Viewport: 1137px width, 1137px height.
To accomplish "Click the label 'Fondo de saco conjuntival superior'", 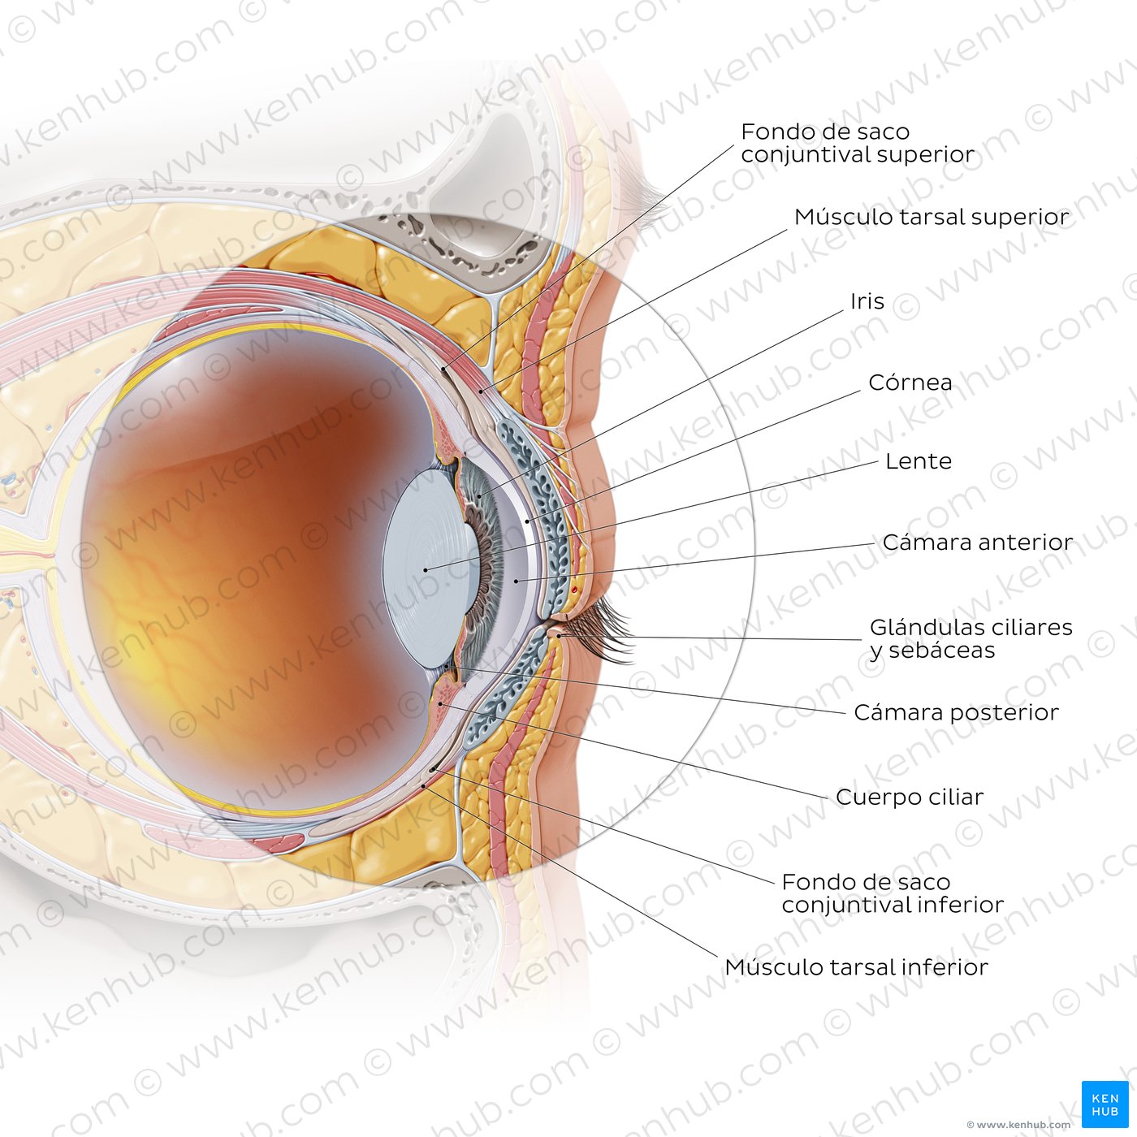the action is click(x=858, y=143).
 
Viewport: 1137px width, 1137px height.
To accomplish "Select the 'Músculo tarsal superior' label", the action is click(x=931, y=217).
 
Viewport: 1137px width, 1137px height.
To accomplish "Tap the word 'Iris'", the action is click(x=867, y=301).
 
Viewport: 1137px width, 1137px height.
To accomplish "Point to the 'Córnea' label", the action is click(x=910, y=383).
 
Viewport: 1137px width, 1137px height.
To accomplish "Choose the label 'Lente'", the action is click(x=918, y=461).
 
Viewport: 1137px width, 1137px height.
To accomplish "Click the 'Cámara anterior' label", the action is click(x=977, y=543).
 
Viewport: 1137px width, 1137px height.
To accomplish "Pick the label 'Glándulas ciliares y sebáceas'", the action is click(x=971, y=638).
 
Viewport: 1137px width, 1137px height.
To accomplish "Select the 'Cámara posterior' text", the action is click(x=956, y=713).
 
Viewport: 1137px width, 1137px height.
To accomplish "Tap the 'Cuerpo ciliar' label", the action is click(x=910, y=798).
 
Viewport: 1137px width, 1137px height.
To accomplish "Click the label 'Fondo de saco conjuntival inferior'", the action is click(x=892, y=893).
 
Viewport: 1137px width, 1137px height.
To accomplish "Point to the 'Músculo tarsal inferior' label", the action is click(x=856, y=967).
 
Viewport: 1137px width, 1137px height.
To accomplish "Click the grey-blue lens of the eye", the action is click(x=424, y=569).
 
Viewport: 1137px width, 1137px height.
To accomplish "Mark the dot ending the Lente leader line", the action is click(x=425, y=570).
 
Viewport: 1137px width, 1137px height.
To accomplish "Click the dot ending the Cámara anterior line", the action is click(x=516, y=581).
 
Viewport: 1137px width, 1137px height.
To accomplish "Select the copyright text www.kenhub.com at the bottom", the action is click(x=1018, y=1124).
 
